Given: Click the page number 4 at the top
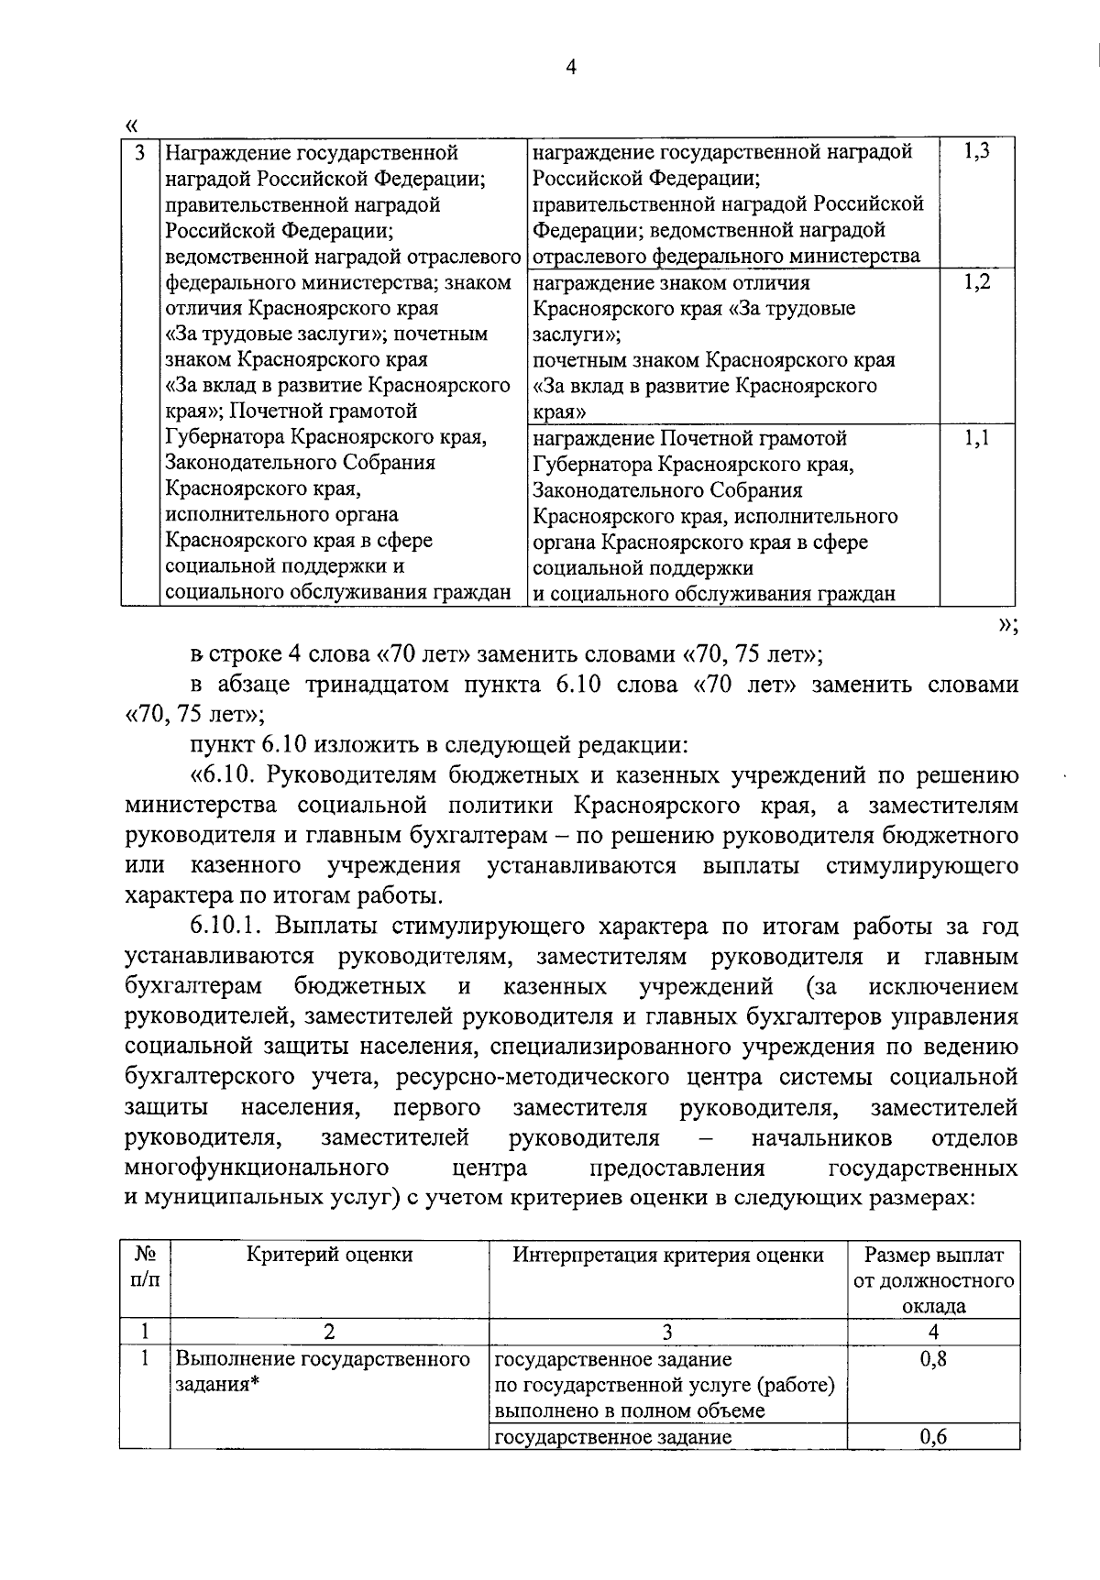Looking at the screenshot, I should tap(572, 67).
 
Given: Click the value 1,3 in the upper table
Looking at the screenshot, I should tap(976, 152).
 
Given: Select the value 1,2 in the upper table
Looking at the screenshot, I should tap(976, 282).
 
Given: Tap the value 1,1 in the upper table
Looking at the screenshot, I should tap(976, 439).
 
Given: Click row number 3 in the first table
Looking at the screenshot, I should tap(139, 152).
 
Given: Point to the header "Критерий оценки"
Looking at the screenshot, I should tap(330, 1255).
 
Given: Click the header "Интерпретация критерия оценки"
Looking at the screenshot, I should tap(668, 1255).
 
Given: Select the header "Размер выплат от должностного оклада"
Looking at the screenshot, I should tap(933, 1280).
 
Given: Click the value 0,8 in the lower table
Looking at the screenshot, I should tap(933, 1359).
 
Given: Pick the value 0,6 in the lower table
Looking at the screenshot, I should tap(933, 1437).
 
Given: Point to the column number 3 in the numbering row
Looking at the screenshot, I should tap(667, 1333).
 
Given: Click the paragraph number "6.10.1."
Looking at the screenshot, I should tap(228, 927).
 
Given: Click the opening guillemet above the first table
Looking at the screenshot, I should tap(131, 124).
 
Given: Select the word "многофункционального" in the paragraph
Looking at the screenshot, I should tap(256, 1169).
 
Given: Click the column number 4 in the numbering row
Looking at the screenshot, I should tap(933, 1333).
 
